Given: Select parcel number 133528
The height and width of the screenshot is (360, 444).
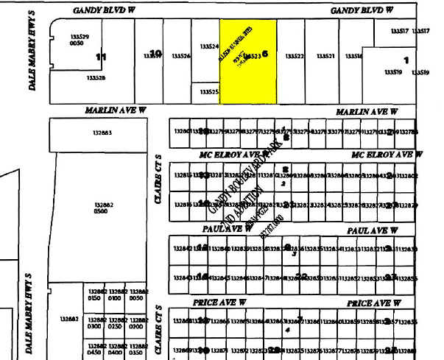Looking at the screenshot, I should pyautogui.click(x=96, y=77).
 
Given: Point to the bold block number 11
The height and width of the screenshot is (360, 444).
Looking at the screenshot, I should pyautogui.click(x=102, y=56).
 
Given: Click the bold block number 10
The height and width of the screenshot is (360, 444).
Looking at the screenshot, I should pyautogui.click(x=155, y=53).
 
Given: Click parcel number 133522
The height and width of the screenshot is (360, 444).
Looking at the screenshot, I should pyautogui.click(x=295, y=56).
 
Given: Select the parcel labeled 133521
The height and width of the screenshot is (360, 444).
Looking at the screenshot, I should pyautogui.click(x=325, y=56).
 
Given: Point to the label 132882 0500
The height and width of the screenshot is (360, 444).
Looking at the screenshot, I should pyautogui.click(x=104, y=207).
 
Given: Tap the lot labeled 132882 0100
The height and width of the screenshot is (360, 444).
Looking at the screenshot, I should pyautogui.click(x=114, y=295).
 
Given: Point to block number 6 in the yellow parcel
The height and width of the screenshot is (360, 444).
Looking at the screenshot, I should pyautogui.click(x=265, y=53).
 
